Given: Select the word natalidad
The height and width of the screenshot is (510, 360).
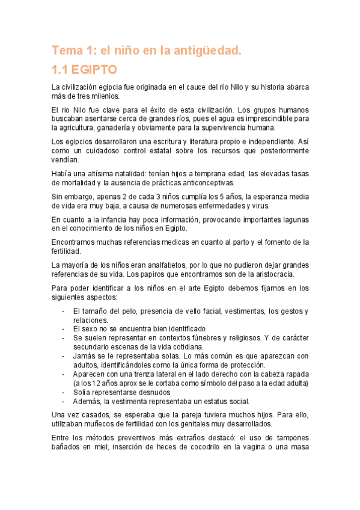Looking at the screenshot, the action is click(x=121, y=174).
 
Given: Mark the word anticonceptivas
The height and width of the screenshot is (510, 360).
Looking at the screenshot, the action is click(x=202, y=183).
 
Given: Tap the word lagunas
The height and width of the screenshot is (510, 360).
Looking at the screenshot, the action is click(x=294, y=219).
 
